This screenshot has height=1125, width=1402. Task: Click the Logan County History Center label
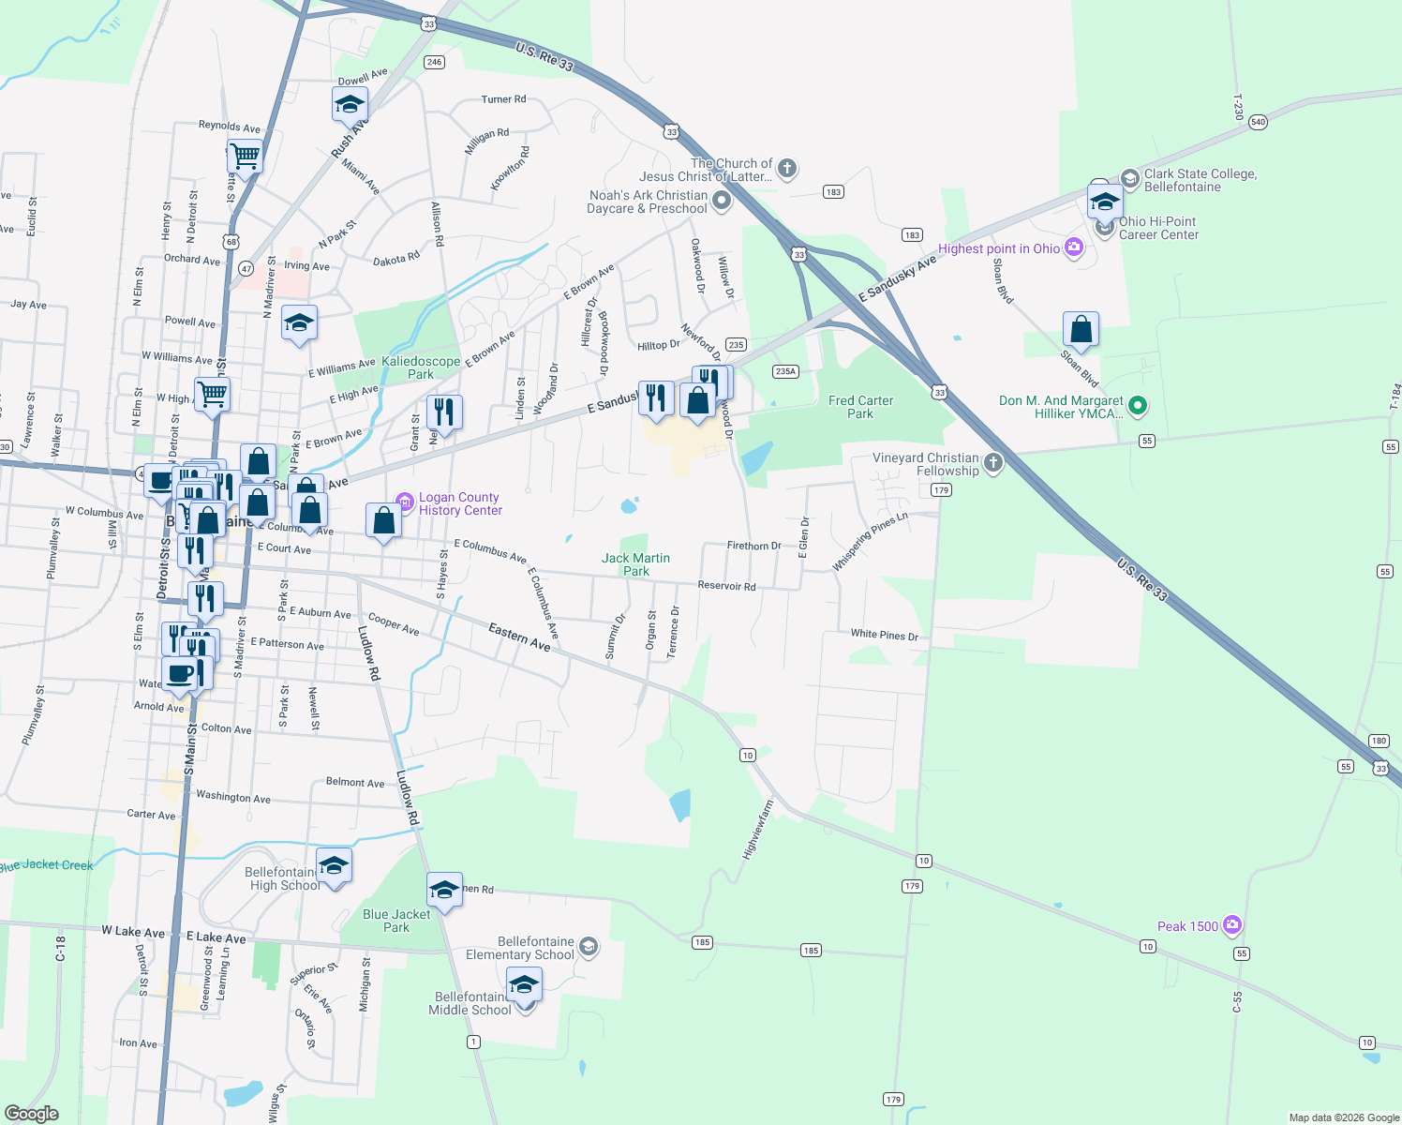pyautogui.click(x=460, y=504)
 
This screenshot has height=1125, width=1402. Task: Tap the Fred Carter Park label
pyautogui.click(x=860, y=407)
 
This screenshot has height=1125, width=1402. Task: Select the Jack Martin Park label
pyautogui.click(x=635, y=564)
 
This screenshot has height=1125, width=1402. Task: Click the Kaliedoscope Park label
pyautogui.click(x=421, y=367)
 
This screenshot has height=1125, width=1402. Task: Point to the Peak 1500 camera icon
pyautogui.click(x=1232, y=926)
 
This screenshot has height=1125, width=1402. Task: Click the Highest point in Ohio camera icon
pyautogui.click(x=1074, y=248)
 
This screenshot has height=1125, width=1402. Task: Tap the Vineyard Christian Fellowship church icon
pyautogui.click(x=992, y=462)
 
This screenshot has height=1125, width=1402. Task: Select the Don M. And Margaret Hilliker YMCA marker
pyautogui.click(x=1138, y=406)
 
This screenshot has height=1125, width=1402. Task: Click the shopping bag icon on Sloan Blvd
pyautogui.click(x=1081, y=330)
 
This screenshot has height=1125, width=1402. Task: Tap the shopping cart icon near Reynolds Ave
pyautogui.click(x=245, y=156)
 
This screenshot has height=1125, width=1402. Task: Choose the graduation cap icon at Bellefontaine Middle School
pyautogui.click(x=524, y=985)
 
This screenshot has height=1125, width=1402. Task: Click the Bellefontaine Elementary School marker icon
pyautogui.click(x=588, y=947)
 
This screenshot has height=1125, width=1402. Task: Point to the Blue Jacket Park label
pyautogui.click(x=396, y=921)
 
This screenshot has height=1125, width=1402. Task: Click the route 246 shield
pyautogui.click(x=433, y=62)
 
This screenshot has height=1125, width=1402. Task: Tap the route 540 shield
pyautogui.click(x=1258, y=122)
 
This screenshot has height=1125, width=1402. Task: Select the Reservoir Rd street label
pyautogui.click(x=726, y=586)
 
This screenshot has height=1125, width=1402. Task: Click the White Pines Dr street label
pyautogui.click(x=884, y=635)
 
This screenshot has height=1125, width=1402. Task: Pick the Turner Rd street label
pyautogui.click(x=503, y=99)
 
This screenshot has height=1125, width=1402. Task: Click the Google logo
pyautogui.click(x=32, y=1114)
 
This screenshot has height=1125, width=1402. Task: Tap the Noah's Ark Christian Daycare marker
pyautogui.click(x=721, y=200)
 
